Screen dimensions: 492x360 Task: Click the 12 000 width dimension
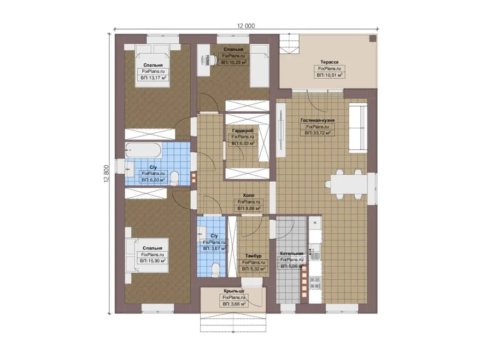[245, 26]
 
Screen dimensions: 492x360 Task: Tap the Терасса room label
[329, 62]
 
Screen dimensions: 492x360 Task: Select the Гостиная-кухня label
[317, 120]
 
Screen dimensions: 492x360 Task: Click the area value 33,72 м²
[318, 133]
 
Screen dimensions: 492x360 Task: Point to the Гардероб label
[243, 131]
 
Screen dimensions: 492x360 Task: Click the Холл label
[249, 196]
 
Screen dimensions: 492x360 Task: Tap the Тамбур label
[253, 256]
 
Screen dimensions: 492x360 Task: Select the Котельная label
[291, 253]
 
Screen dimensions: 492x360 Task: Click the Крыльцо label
[234, 291]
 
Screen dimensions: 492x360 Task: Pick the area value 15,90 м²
[153, 261]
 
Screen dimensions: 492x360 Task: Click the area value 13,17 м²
[153, 78]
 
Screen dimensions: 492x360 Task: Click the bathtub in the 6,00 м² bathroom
[143, 151]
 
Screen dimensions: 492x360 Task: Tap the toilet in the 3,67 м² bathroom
[215, 269]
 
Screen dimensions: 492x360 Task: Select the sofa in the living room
[358, 129]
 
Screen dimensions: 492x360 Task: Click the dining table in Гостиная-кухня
[349, 185]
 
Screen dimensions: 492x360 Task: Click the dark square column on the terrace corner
[372, 39]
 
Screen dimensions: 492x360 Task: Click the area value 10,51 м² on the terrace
[329, 75]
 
